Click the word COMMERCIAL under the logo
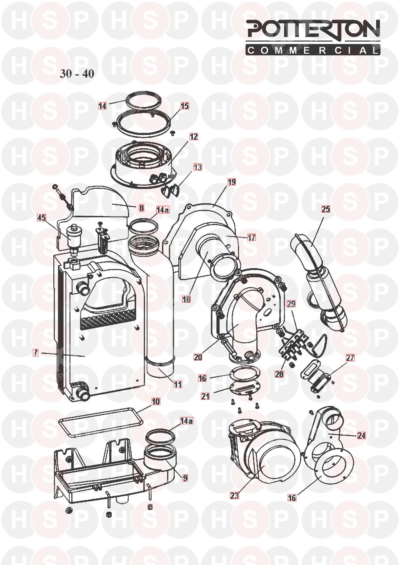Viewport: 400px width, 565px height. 313,50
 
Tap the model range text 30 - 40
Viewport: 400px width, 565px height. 77,74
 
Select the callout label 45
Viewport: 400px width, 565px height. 42,218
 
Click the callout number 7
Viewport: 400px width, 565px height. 36,353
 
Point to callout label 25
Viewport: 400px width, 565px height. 326,209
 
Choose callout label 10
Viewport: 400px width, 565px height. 156,401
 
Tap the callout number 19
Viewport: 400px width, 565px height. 232,182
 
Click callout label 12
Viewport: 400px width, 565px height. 194,137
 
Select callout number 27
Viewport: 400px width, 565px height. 350,358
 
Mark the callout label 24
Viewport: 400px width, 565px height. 361,436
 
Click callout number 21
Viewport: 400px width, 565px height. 205,396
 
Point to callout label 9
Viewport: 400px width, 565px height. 185,478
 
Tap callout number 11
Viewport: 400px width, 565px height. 178,384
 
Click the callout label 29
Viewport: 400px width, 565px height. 291,304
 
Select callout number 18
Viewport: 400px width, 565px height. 186,299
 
